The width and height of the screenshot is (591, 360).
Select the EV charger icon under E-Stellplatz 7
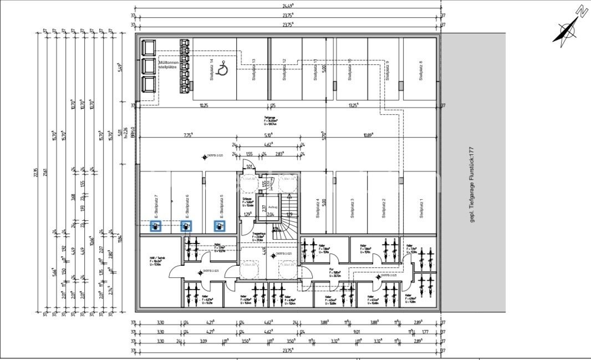click(x=156, y=226)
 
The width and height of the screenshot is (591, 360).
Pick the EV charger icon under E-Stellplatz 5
click(x=220, y=226)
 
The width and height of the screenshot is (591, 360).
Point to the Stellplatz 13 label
click(x=253, y=70)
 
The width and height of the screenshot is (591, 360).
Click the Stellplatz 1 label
click(x=421, y=209)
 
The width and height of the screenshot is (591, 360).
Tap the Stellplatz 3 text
click(x=351, y=209)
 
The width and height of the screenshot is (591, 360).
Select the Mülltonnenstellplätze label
click(x=167, y=64)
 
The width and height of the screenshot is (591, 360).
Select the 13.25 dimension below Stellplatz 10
click(x=353, y=105)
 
